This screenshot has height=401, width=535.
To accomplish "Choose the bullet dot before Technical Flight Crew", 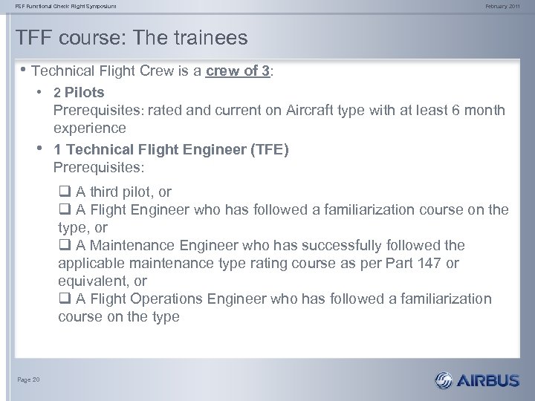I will [x=23, y=71].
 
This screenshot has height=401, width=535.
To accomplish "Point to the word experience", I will [x=90, y=128].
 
